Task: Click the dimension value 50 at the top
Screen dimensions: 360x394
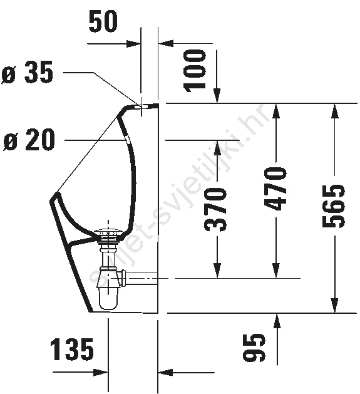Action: pos(103,21)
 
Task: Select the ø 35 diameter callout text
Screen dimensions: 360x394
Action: pos(28,73)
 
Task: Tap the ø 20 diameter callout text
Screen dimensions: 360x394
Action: pos(29,140)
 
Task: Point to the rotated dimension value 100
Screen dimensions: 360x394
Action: pos(195,71)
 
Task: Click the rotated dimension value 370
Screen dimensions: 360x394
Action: pos(216,209)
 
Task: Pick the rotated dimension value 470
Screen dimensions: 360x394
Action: pos(275,189)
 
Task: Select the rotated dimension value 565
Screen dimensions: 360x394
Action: pos(334,206)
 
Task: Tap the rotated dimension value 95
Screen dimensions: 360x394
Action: pos(254,348)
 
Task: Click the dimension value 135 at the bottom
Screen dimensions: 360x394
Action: pos(72,350)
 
